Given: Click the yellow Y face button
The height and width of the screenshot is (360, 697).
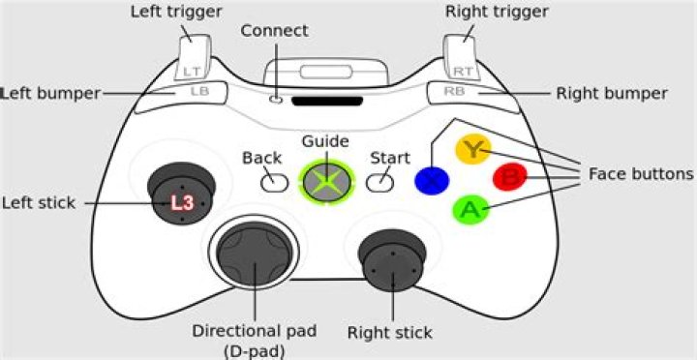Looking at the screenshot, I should coord(472,149).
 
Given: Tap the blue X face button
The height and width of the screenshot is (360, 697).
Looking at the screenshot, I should coord(431,180).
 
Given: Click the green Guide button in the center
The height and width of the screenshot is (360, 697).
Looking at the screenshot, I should coord(328,180).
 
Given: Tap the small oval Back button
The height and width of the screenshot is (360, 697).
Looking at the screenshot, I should coord(275,180).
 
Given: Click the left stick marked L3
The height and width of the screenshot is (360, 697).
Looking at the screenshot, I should coord(182,201).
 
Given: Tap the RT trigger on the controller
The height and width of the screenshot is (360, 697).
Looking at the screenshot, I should coord(462,56).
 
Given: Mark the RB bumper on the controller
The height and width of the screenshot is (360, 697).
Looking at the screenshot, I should coord(454,92).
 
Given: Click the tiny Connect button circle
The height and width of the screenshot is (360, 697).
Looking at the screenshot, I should coord(278,97).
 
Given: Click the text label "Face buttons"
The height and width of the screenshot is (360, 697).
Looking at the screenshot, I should coord(641,175).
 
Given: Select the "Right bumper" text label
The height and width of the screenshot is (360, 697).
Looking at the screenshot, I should coord(612,94).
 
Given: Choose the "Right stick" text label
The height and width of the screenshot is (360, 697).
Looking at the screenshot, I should coord(389,334).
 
